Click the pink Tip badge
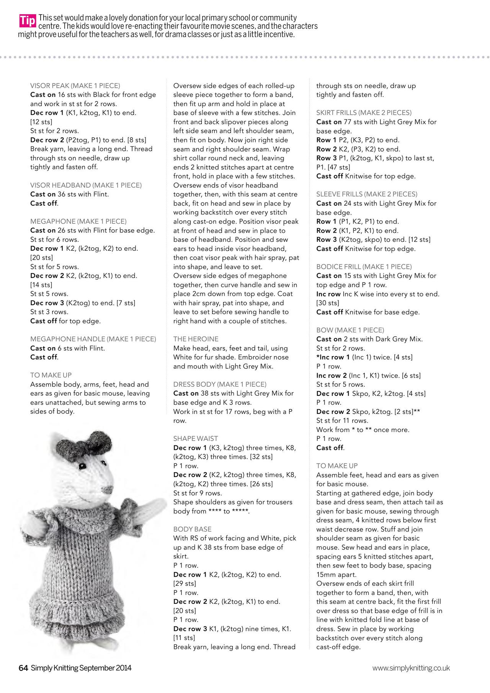pyautogui.click(x=28, y=21)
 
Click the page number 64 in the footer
pyautogui.click(x=23, y=668)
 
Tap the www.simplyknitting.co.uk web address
pyautogui.click(x=411, y=668)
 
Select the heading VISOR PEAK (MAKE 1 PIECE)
pyautogui.click(x=75, y=86)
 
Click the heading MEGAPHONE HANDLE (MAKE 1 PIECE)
pyautogui.click(x=93, y=339)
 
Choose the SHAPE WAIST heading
pyautogui.click(x=196, y=438)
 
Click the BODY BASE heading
pyautogui.click(x=192, y=529)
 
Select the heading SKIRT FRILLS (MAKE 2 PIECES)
pyautogui.click(x=364, y=113)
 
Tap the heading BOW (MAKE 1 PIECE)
pyautogui.click(x=350, y=330)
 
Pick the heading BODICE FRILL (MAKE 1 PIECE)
pyautogui.click(x=364, y=266)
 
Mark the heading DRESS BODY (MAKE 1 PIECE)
pyautogui.click(x=219, y=384)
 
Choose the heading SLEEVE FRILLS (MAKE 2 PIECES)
pyautogui.click(x=367, y=194)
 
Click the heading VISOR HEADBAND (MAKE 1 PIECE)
pyautogui.click(x=86, y=185)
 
